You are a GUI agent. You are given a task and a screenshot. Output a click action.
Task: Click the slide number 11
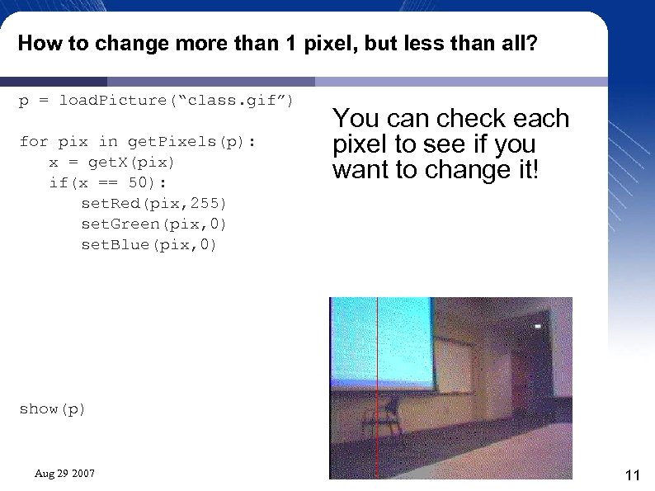(x=633, y=474)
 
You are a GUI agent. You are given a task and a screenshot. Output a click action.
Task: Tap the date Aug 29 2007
(x=64, y=474)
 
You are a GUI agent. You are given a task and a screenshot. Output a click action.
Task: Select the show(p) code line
(x=52, y=409)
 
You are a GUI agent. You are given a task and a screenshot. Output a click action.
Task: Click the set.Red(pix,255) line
(x=153, y=203)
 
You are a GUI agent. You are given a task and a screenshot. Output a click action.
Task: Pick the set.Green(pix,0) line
(x=153, y=224)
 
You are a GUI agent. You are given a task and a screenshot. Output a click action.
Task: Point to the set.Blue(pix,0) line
(x=148, y=245)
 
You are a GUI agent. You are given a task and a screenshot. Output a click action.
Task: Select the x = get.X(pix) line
(x=112, y=162)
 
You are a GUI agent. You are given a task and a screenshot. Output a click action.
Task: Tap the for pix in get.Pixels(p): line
(x=138, y=141)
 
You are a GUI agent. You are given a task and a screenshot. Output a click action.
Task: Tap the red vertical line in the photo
(x=377, y=388)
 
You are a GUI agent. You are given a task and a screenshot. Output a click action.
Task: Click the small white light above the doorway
(x=538, y=327)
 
